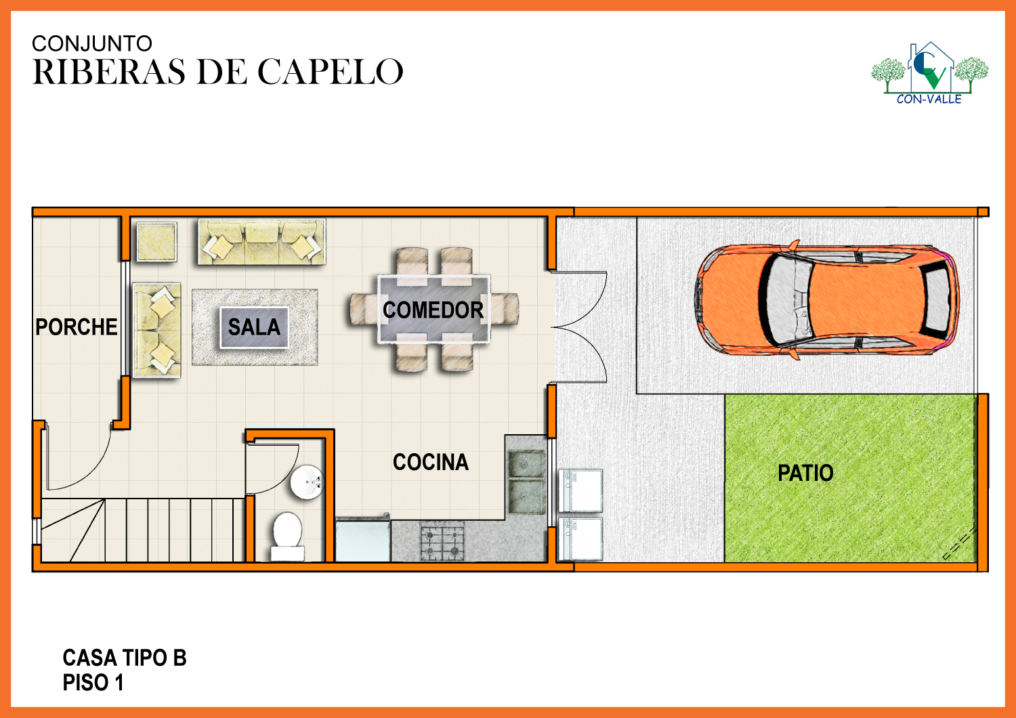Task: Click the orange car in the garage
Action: click(827, 300)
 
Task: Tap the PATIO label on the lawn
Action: click(805, 473)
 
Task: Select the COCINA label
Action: click(430, 462)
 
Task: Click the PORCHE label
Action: click(76, 327)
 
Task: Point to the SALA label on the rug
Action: click(254, 327)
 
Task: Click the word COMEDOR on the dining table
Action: click(433, 310)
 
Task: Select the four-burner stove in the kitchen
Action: click(442, 542)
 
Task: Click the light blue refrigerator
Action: click(363, 540)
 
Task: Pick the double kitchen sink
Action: click(526, 482)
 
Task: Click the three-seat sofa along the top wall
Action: click(262, 242)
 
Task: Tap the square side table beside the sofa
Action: click(157, 242)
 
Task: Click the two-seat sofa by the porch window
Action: click(157, 330)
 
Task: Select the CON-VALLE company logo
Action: click(929, 72)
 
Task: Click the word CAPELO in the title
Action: click(331, 72)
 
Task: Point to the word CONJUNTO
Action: click(91, 43)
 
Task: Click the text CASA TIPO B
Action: click(124, 658)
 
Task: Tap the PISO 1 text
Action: click(93, 683)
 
